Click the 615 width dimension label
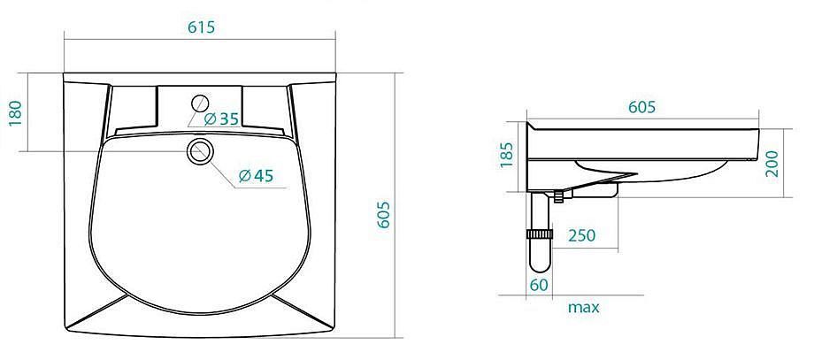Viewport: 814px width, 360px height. point(202,27)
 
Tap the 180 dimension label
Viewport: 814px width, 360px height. point(16,113)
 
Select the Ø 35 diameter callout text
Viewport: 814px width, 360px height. point(222,119)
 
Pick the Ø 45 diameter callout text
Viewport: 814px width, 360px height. point(256,176)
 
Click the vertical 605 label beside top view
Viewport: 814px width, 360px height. point(383,215)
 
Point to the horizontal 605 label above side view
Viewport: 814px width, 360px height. point(642,107)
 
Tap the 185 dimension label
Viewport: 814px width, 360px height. point(506,155)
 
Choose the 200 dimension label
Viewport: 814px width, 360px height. point(772,164)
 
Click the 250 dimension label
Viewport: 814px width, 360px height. point(582,235)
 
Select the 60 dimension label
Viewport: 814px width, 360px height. point(538,285)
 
